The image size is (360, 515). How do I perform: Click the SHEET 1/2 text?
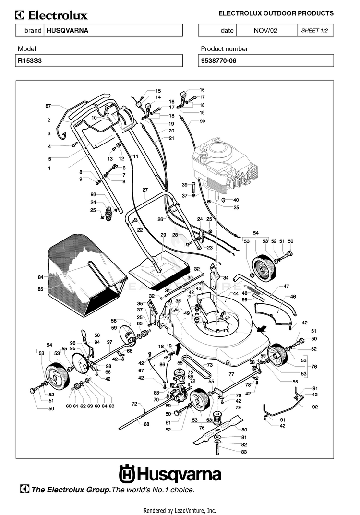click(314, 30)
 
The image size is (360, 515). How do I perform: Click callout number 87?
click(48, 106)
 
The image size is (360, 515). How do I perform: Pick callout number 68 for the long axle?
click(146, 424)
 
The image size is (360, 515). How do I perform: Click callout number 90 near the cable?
click(202, 121)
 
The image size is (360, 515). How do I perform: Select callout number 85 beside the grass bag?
click(40, 289)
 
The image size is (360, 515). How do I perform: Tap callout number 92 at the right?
click(315, 407)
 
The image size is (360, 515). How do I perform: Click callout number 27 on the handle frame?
click(144, 190)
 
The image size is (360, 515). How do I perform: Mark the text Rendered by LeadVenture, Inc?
click(180, 510)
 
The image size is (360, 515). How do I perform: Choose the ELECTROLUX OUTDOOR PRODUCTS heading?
click(276, 13)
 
